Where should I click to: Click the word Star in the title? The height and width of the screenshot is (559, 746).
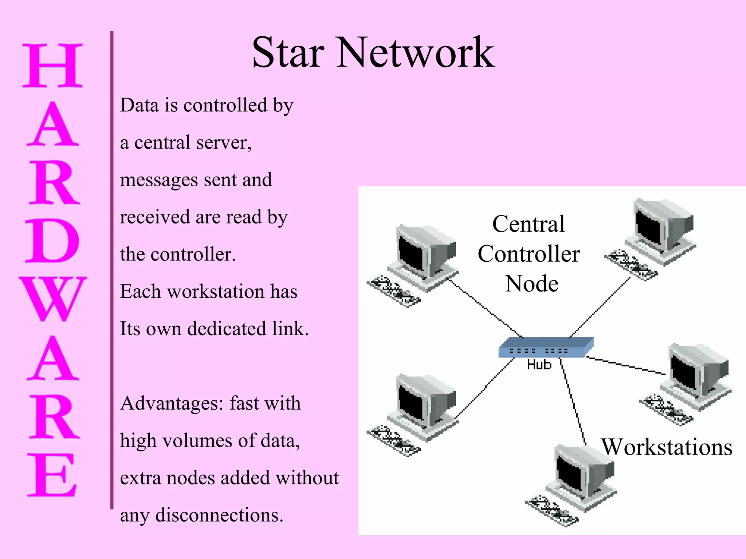coord(288,53)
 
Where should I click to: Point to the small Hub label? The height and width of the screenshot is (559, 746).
coord(539,365)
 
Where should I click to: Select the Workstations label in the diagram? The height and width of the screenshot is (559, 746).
coord(667,447)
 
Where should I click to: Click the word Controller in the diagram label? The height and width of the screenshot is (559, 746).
coord(529,254)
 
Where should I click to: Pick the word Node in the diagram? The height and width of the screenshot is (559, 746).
coord(532,284)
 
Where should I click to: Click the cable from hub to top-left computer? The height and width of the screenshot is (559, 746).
coord(484,308)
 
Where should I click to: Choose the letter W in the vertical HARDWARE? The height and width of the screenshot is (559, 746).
coord(53,298)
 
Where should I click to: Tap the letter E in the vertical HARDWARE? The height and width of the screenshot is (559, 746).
coord(52,475)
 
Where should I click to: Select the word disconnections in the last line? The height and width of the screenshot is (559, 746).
coord(219,515)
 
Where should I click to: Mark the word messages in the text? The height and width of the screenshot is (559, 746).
coord(159,180)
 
